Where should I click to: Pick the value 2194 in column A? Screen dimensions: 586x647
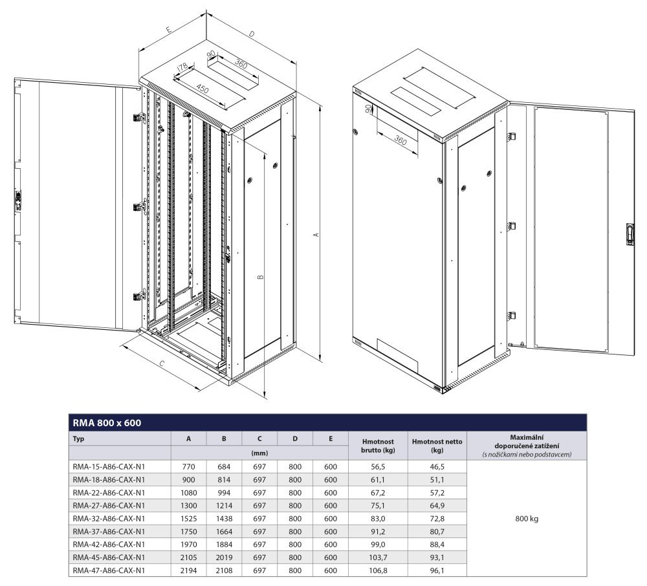point(188,570)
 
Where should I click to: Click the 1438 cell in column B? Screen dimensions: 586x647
point(224,518)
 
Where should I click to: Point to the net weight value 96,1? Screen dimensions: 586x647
point(437,570)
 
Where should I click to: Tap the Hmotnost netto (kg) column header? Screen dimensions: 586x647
point(437,446)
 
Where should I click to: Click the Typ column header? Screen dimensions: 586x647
point(79,439)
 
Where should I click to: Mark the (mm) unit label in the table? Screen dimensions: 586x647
point(259,453)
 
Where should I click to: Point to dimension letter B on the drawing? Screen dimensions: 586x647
point(260,276)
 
